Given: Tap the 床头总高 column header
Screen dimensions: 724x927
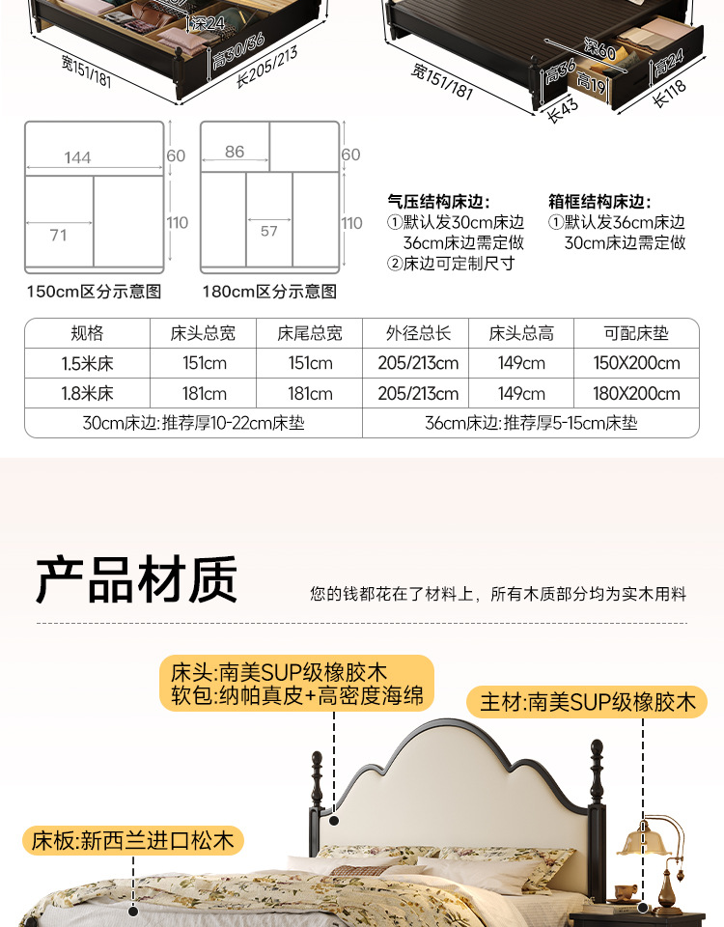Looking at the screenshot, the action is [521, 334].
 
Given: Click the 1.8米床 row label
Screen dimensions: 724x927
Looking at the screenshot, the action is [87, 394].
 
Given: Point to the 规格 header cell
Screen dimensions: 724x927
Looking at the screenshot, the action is [87, 334].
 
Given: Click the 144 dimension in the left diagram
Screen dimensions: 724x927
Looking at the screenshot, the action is [78, 158].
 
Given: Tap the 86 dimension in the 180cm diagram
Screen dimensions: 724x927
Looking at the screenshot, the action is [235, 152].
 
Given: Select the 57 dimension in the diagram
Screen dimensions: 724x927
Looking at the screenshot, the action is [269, 231].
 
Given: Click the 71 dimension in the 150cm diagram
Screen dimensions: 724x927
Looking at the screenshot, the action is [58, 235].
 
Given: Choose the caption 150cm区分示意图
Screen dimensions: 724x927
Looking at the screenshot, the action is [93, 292].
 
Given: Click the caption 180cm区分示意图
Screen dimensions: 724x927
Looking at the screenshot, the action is [269, 292].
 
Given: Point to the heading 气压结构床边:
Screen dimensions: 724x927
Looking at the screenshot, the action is [438, 202].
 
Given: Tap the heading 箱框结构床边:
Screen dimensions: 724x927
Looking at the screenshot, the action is [599, 202].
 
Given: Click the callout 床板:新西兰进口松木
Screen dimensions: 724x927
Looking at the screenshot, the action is [132, 840].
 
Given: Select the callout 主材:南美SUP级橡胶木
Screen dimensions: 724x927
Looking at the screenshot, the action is [588, 702].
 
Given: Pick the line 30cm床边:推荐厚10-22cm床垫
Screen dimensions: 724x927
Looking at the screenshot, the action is [193, 423].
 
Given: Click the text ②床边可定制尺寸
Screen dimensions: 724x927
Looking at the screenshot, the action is [451, 264].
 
